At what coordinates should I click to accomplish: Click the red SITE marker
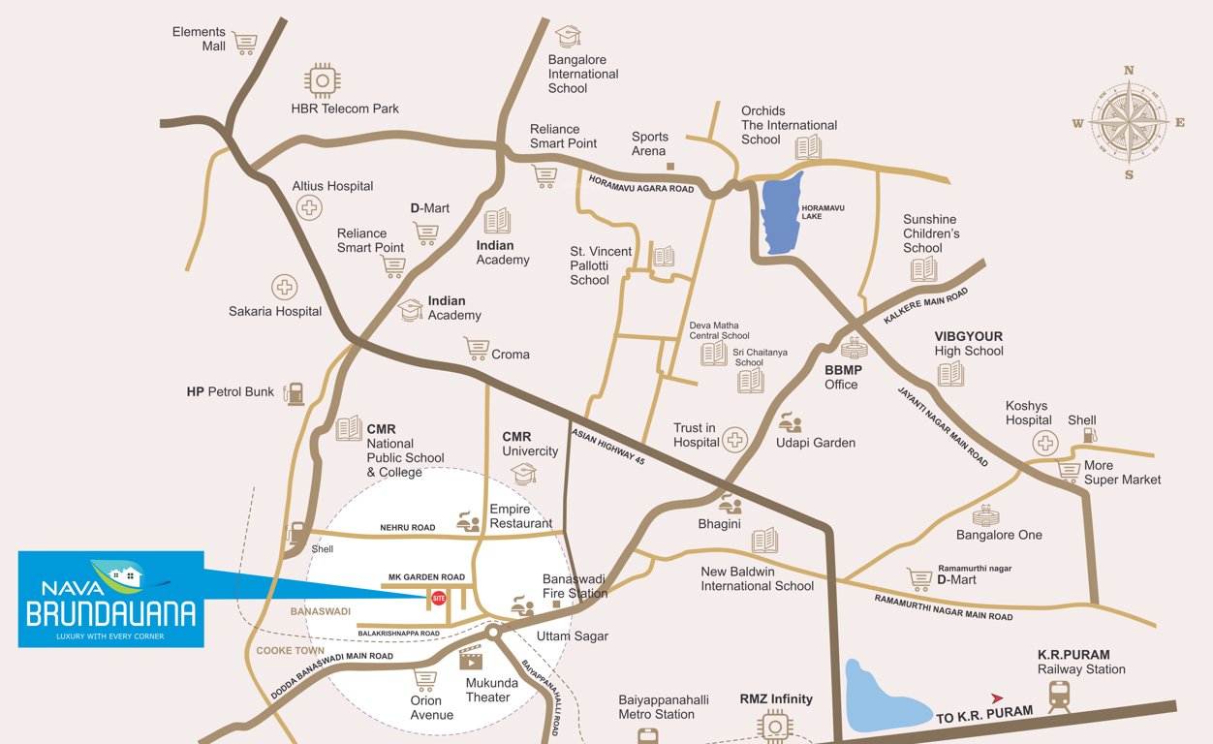[x=438, y=598]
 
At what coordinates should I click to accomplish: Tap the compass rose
[x=1129, y=122]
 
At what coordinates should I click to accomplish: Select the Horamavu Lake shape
[x=781, y=214]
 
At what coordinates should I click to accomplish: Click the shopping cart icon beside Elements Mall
[x=245, y=43]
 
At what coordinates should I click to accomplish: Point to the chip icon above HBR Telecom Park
[x=322, y=80]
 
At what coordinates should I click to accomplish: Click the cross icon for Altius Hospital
[x=310, y=206]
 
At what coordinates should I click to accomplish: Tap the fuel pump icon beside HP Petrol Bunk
[x=295, y=392]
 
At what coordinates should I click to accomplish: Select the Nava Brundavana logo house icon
[x=123, y=577]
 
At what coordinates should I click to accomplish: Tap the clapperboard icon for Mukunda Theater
[x=471, y=659]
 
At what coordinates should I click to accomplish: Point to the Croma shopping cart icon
[x=476, y=349]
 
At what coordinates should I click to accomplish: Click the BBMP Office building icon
[x=854, y=347]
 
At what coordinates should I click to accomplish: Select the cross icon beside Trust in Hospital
[x=735, y=440]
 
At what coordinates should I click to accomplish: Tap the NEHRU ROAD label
[x=408, y=528]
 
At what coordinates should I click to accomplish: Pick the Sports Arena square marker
[x=669, y=166]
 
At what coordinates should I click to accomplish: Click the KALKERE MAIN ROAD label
[x=926, y=306]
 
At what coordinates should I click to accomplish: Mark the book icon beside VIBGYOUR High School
[x=950, y=373]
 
